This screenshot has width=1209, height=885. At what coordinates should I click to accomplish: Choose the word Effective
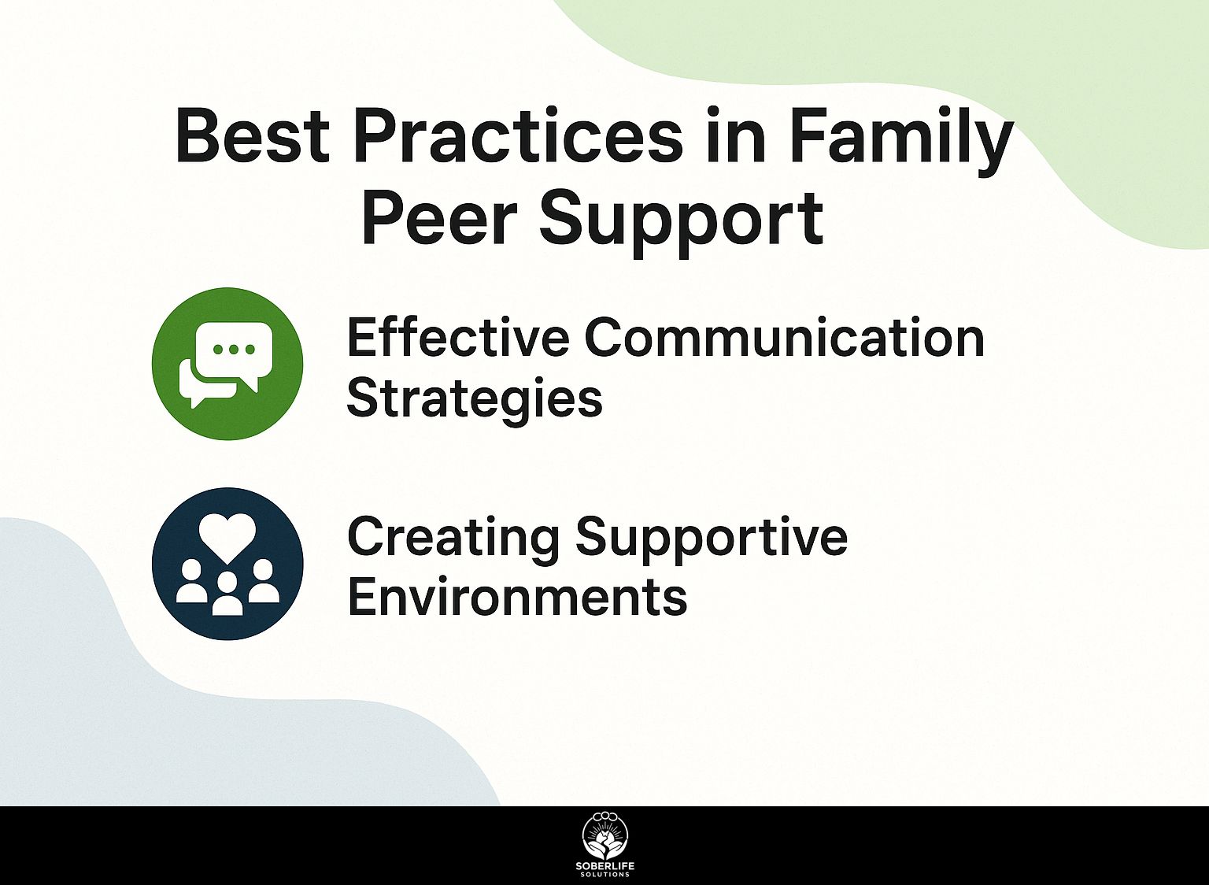pyautogui.click(x=458, y=338)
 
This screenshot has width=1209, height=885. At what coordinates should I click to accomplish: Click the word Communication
pyautogui.click(x=784, y=338)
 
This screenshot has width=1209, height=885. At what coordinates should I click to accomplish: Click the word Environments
pyautogui.click(x=517, y=597)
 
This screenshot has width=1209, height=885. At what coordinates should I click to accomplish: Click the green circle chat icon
pyautogui.click(x=227, y=364)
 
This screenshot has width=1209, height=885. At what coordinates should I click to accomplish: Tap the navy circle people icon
pyautogui.click(x=227, y=564)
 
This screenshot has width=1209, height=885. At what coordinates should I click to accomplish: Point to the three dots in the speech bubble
pyautogui.click(x=234, y=349)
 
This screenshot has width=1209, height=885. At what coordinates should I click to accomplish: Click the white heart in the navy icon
pyautogui.click(x=227, y=536)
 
